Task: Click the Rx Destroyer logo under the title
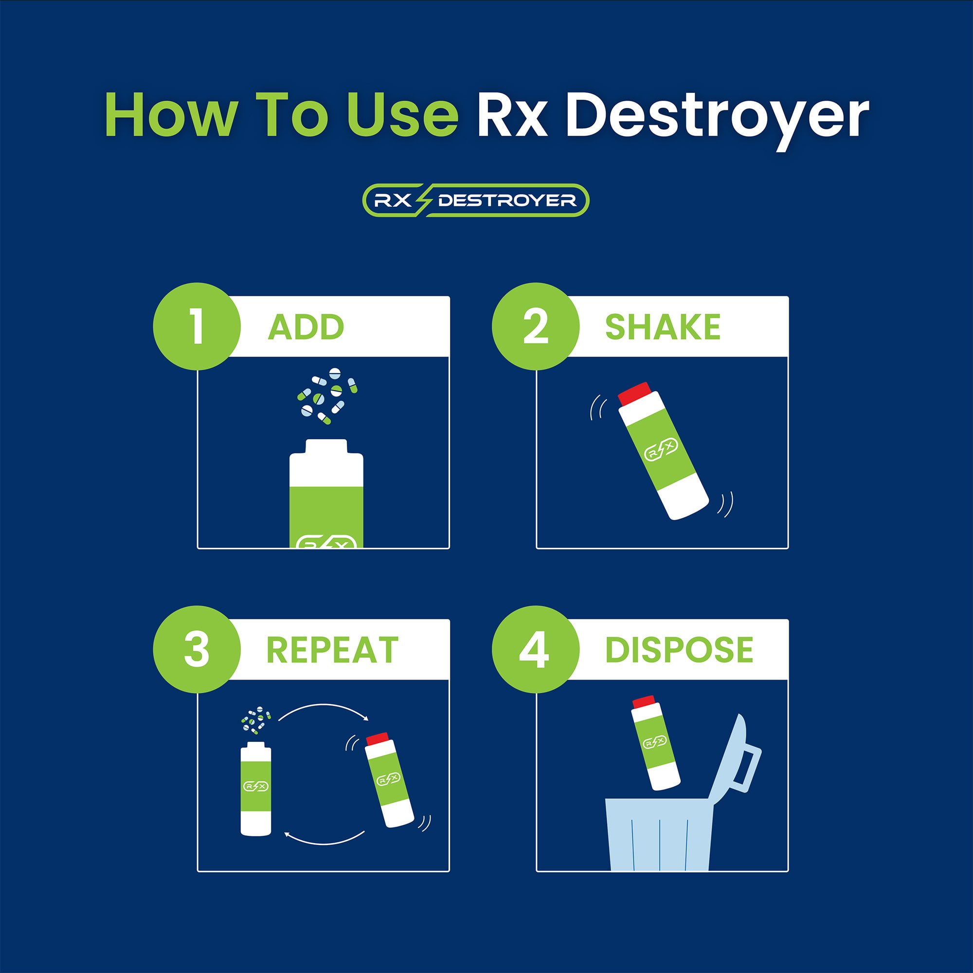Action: tap(475, 200)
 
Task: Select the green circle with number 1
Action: tap(197, 326)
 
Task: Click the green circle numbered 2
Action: tap(535, 326)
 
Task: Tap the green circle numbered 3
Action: tap(197, 649)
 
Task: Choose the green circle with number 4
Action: tap(535, 649)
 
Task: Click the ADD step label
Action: tap(306, 327)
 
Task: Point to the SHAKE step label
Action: tap(662, 327)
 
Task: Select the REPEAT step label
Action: tap(332, 649)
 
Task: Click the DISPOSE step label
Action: tap(679, 649)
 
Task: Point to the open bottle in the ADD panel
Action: tap(326, 493)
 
